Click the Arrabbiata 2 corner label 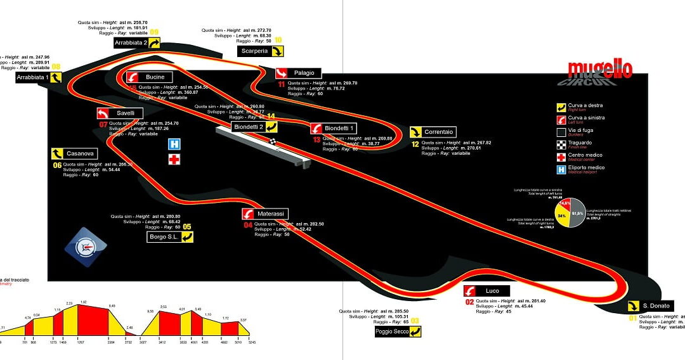[131, 43]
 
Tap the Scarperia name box [254, 51]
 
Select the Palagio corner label [303, 73]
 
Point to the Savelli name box [125, 113]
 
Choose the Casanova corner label [80, 153]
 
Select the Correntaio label [438, 132]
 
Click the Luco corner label [492, 291]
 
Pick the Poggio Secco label [392, 331]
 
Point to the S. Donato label [656, 306]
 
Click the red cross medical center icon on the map [174, 159]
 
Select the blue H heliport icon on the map [174, 145]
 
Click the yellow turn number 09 [154, 32]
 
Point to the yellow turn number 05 [186, 226]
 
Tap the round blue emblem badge [86, 247]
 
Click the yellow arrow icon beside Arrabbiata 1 [56, 77]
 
